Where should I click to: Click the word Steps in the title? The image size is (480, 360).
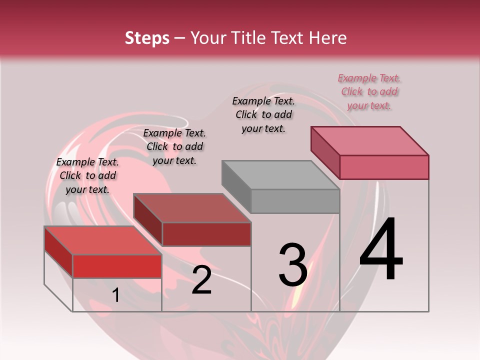click(x=147, y=38)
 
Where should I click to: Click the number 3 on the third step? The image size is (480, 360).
click(x=293, y=265)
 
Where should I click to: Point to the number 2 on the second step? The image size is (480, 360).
click(x=202, y=280)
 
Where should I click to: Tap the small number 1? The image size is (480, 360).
click(x=115, y=295)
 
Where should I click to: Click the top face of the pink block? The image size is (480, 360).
click(x=370, y=140)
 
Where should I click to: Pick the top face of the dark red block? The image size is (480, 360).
click(x=192, y=208)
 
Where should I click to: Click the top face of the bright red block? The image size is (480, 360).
click(x=103, y=240)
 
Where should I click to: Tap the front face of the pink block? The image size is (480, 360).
click(x=384, y=167)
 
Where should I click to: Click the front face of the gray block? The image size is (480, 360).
click(x=295, y=201)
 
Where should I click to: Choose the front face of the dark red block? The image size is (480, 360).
click(x=206, y=234)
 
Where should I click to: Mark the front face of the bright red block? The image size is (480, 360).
click(x=117, y=266)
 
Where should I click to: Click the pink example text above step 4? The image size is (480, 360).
click(x=369, y=91)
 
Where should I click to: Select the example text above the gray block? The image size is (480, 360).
click(x=264, y=114)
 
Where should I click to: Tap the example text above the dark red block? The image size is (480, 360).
click(x=174, y=146)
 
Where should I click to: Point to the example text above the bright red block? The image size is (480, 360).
click(x=87, y=175)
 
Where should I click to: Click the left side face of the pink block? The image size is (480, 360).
click(x=325, y=152)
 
